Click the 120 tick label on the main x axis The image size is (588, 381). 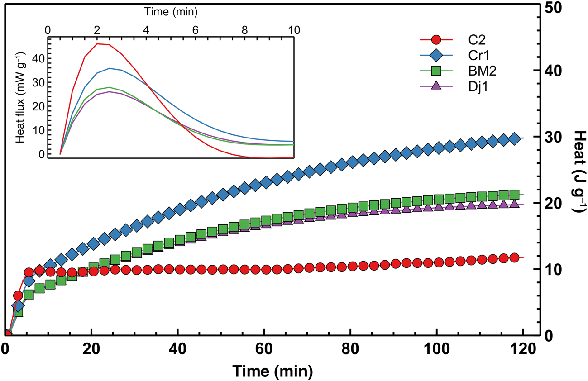(x=523, y=351)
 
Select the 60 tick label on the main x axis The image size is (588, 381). (x=264, y=351)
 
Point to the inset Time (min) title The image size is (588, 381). (x=171, y=10)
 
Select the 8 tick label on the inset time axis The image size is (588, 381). (x=245, y=30)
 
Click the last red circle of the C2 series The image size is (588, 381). (x=514, y=257)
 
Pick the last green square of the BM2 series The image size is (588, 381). (x=514, y=195)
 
